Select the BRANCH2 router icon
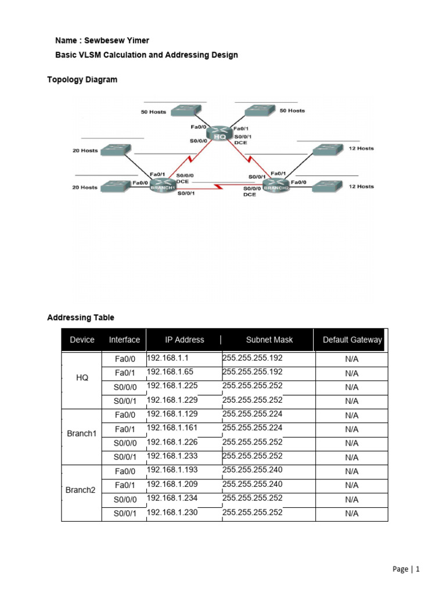click(x=275, y=186)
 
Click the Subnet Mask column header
click(x=269, y=340)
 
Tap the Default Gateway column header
click(x=352, y=340)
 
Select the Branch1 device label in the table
click(x=82, y=434)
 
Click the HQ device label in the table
click(x=82, y=378)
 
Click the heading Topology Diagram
click(x=82, y=80)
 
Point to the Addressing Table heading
click(x=80, y=318)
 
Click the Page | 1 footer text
click(x=405, y=569)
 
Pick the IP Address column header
click(x=185, y=340)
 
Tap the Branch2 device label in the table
click(x=80, y=490)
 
